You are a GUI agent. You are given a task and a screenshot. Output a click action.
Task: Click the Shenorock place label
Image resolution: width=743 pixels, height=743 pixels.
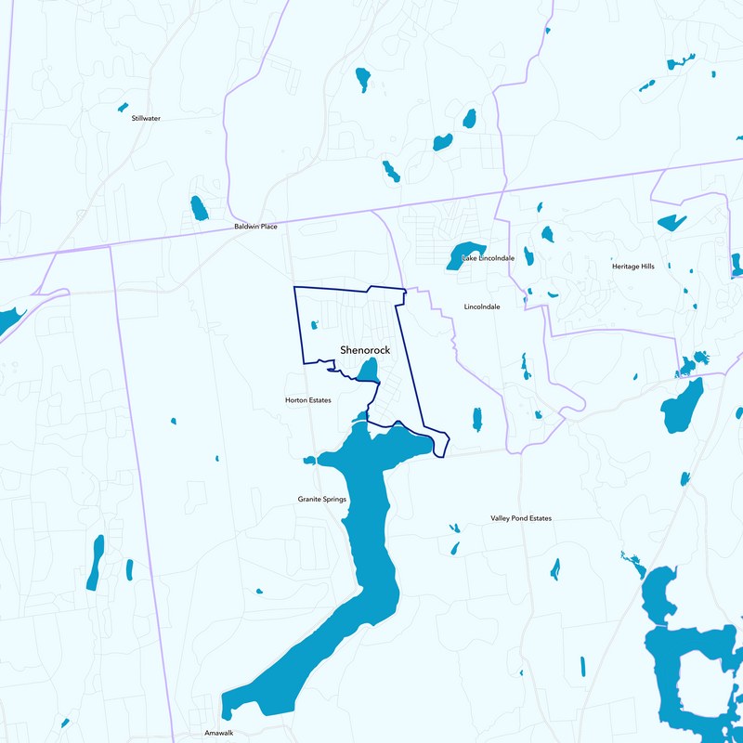(364, 350)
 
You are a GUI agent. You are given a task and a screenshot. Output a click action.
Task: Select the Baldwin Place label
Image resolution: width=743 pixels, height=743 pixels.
(255, 227)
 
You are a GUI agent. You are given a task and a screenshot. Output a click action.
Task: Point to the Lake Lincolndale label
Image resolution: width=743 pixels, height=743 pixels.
(488, 257)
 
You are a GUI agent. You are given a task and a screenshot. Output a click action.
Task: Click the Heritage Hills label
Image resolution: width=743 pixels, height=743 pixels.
(632, 267)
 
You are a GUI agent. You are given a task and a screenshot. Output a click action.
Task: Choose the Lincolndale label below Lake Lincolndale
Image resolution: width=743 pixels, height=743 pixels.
(482, 306)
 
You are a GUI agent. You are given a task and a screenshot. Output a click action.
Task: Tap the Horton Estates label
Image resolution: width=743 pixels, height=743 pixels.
(307, 400)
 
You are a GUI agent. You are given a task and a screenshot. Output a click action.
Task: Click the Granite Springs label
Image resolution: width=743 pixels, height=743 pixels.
(322, 500)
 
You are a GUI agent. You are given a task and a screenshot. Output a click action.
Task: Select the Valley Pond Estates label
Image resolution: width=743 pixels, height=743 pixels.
(521, 518)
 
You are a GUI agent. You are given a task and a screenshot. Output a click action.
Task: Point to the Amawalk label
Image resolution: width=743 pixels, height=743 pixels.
(218, 733)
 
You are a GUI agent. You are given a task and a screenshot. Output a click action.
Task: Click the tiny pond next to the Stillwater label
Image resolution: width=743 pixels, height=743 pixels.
(123, 108)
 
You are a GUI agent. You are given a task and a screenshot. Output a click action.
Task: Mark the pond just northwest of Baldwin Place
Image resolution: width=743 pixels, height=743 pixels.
(199, 208)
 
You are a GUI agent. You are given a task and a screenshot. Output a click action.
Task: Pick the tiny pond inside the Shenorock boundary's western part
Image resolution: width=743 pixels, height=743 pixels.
(313, 325)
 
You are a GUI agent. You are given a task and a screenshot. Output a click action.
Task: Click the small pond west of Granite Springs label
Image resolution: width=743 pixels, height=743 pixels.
(309, 460)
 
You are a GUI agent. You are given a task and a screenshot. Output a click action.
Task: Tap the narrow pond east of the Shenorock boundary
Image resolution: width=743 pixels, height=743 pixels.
(477, 419)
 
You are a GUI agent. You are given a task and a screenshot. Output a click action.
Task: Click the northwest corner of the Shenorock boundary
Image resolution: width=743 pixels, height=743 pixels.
(294, 288)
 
